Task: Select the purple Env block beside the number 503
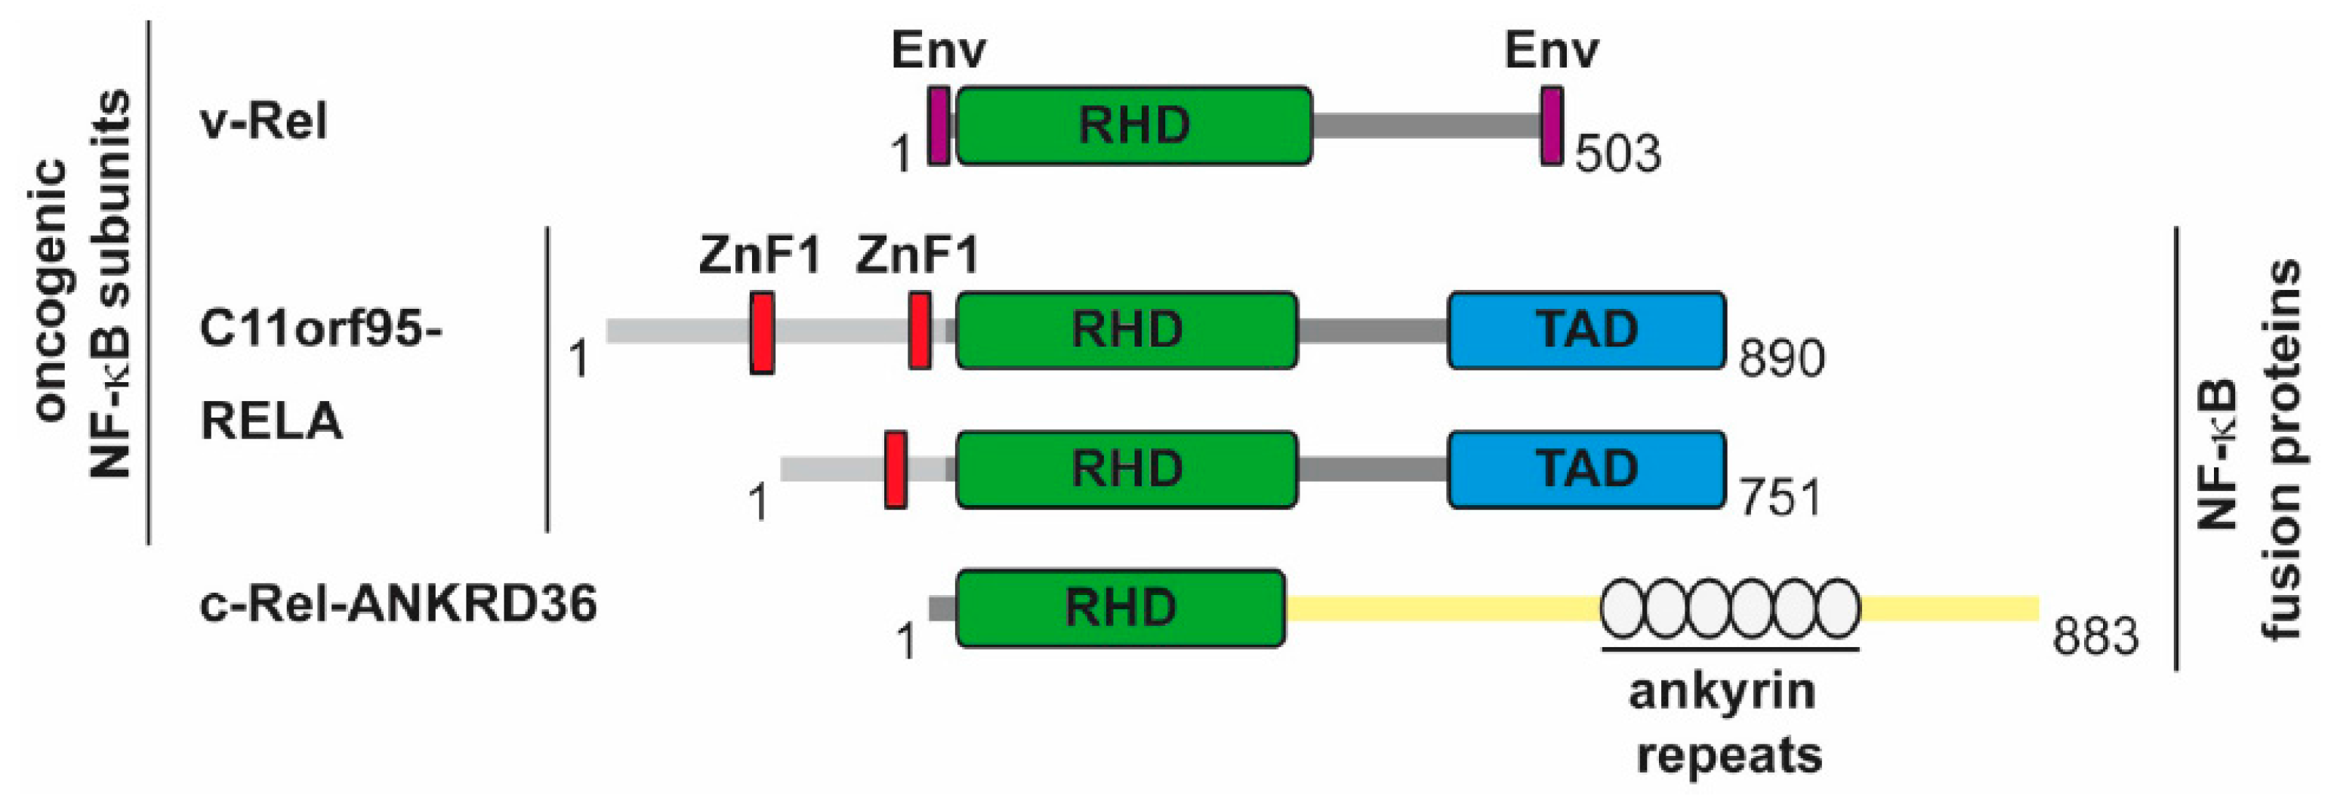(x=1552, y=126)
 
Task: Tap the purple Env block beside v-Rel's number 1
(x=939, y=126)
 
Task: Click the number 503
(x=1618, y=154)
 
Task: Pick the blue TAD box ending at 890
(x=1586, y=331)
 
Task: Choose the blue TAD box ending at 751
(x=1586, y=470)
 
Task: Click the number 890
(x=1781, y=359)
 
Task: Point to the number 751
(x=1779, y=498)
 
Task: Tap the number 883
(x=2095, y=637)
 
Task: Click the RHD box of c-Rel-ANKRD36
(x=1121, y=609)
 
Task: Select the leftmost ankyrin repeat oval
(x=1623, y=609)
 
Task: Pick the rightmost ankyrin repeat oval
(x=1837, y=609)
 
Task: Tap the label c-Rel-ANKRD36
(x=398, y=604)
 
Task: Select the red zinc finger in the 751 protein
(x=896, y=470)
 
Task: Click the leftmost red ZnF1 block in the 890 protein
(x=762, y=332)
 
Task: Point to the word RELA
(x=272, y=421)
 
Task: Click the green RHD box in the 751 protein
(x=1127, y=470)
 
